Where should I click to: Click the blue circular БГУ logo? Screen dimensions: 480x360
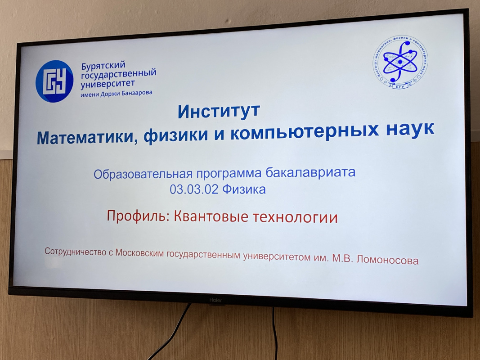(x=54, y=81)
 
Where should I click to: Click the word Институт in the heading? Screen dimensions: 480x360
(x=219, y=111)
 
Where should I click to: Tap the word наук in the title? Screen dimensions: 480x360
(x=410, y=129)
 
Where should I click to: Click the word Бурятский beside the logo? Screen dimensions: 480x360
(x=103, y=66)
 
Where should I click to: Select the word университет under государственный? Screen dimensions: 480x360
(x=108, y=83)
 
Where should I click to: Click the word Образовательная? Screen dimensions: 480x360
(x=143, y=174)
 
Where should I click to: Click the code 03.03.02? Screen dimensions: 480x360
(x=194, y=189)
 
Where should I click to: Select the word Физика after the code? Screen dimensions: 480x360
(x=244, y=189)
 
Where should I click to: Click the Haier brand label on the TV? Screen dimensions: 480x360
(x=215, y=300)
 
